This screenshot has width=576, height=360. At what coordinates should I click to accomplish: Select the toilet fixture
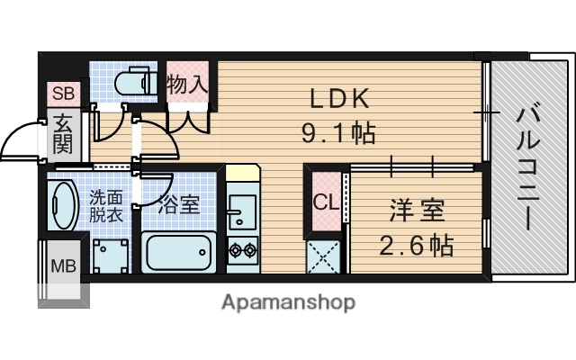[x=138, y=81]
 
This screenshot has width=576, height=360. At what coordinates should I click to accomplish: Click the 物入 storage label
[x=188, y=85]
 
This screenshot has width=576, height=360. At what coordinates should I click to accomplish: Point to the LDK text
[x=341, y=98]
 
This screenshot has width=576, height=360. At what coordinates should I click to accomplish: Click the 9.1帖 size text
[x=338, y=135]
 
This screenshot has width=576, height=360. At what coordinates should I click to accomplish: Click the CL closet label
[x=325, y=202]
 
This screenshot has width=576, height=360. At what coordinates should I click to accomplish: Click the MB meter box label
[x=63, y=265]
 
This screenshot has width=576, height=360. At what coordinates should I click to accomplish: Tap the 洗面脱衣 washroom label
[x=106, y=206]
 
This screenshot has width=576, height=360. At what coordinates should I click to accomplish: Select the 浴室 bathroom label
[x=178, y=204]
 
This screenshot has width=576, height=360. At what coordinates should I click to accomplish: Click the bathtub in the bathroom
[x=177, y=253]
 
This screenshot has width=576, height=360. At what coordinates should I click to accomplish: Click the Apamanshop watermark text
[x=288, y=301]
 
